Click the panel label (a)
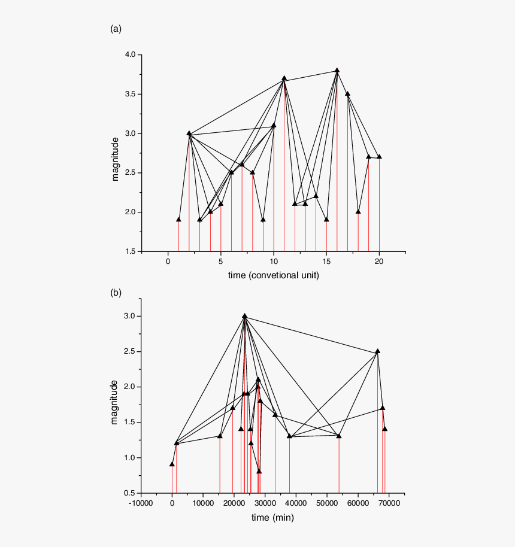point(116,29)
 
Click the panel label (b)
point(116,293)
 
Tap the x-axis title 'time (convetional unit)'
point(273,275)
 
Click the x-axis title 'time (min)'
point(272,517)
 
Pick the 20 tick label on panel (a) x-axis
point(379,262)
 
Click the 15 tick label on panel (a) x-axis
point(326,262)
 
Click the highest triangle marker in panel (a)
point(337,71)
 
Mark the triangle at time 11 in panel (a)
point(284,78)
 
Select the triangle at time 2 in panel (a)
point(189,133)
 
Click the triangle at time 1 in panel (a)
point(178,220)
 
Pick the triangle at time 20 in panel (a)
point(379,157)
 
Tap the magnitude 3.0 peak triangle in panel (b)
point(244,316)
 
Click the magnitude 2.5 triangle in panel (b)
point(377,351)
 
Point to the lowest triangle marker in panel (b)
point(259,472)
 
